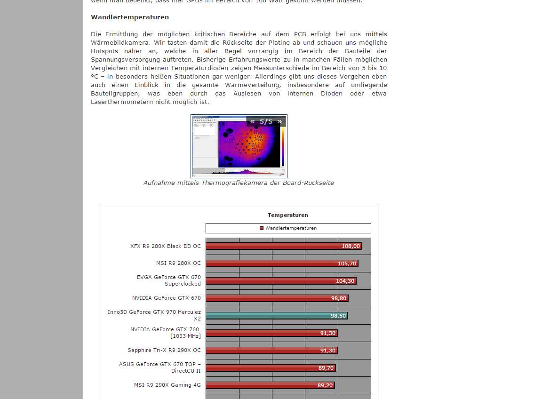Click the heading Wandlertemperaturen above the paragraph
[129, 17]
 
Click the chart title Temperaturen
[287, 215]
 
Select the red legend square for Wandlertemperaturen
[262, 228]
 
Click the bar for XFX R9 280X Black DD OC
[273, 246]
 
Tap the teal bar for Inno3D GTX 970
[268, 316]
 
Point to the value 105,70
[347, 263]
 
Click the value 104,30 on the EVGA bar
[345, 281]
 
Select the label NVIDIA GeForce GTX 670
[166, 298]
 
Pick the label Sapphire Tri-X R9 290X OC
[164, 350]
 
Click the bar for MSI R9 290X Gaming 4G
[263, 385]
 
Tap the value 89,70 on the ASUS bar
[326, 368]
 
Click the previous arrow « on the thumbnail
[252, 121]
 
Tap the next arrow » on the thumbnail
[279, 121]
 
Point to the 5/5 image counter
[266, 121]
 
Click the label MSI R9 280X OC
[178, 263]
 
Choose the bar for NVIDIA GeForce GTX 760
[263, 333]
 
